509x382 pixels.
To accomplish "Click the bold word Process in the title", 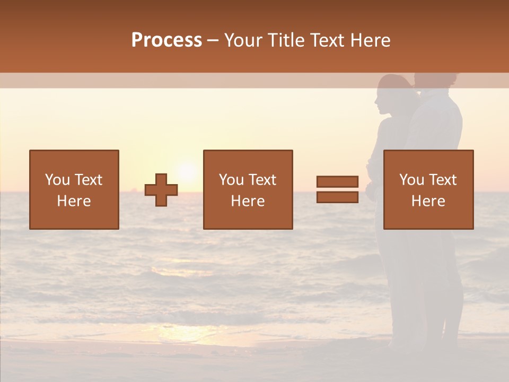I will [166, 40].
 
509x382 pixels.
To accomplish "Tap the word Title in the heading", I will [285, 40].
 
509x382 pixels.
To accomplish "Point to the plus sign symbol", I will [161, 190].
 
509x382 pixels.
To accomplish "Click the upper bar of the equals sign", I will [337, 182].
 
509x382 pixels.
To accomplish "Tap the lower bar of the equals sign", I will [337, 197].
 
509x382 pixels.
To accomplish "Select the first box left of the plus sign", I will [74, 189].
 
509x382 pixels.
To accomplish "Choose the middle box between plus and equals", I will [248, 189].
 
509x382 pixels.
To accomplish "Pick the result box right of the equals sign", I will [428, 189].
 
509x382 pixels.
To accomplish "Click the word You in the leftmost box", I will [57, 180].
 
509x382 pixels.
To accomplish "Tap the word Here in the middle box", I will [248, 201].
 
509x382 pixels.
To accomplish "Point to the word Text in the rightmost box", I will [443, 180].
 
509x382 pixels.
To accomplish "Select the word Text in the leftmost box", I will [88, 180].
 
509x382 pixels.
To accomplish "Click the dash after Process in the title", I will [213, 41].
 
